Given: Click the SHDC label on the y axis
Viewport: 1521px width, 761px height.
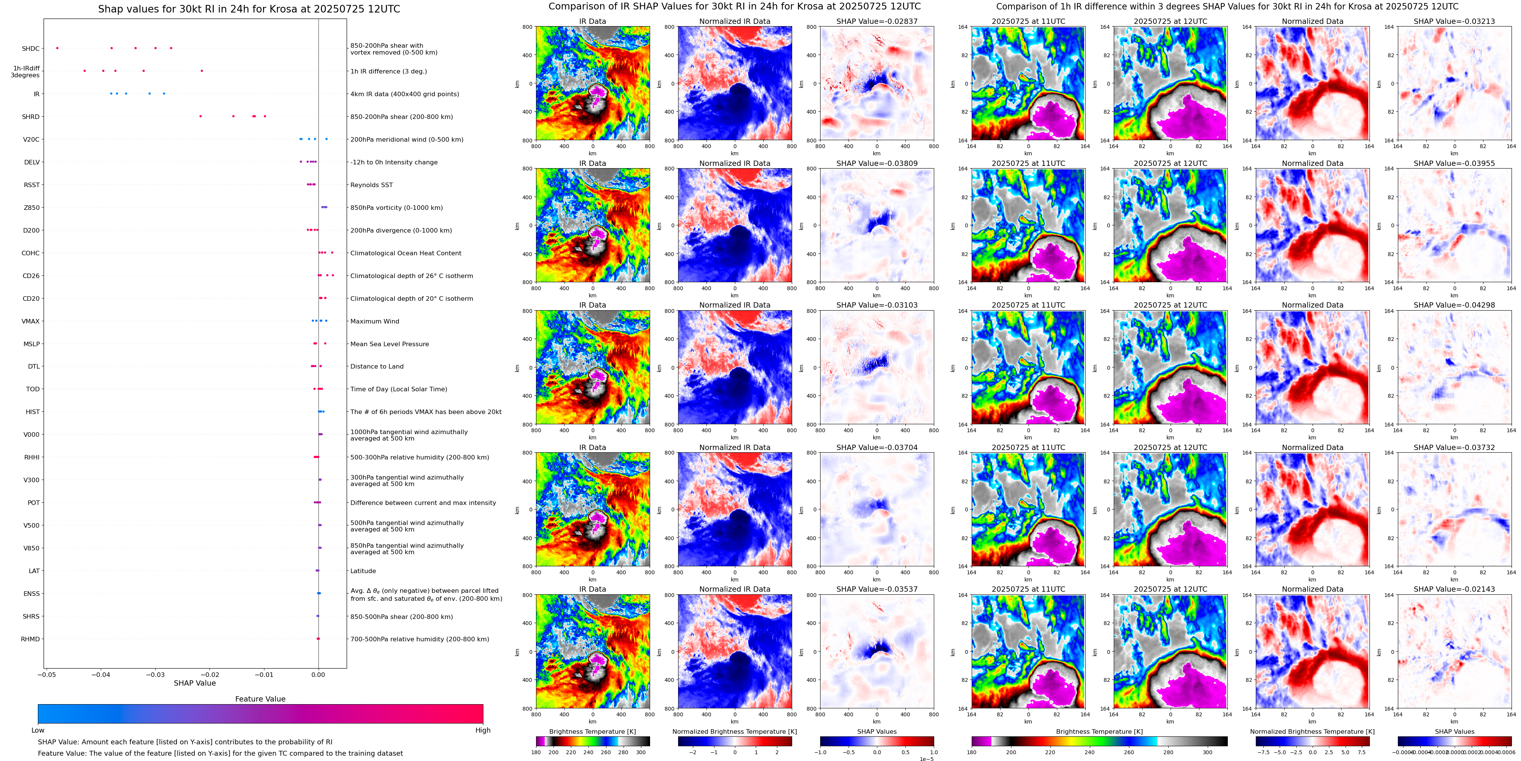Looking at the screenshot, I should [31, 49].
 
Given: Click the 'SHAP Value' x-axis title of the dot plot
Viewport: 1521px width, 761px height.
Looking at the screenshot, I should [195, 683].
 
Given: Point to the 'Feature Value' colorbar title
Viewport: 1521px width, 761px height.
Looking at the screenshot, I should [260, 699].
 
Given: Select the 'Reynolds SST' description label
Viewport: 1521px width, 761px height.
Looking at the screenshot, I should [371, 185].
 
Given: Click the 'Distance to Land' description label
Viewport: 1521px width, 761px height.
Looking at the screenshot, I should [377, 367].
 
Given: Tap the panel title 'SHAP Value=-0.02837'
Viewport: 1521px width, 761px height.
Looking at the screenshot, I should [877, 21].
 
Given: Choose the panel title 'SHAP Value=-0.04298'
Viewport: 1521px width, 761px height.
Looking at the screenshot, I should [1454, 305].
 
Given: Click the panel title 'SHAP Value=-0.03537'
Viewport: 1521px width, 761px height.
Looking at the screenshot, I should [877, 589].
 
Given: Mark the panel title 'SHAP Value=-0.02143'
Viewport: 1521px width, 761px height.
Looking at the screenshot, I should [1454, 589].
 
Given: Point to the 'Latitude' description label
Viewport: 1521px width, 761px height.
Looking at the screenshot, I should [363, 571].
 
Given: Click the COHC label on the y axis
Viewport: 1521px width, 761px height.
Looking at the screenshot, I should [31, 253].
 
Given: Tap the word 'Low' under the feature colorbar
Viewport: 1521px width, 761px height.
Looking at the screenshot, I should [38, 730].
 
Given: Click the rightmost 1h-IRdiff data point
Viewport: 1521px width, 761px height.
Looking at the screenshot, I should [202, 71].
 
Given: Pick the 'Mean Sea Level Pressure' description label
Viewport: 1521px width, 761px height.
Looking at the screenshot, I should [390, 344].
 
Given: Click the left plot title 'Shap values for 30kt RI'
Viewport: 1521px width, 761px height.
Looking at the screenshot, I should [249, 9].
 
